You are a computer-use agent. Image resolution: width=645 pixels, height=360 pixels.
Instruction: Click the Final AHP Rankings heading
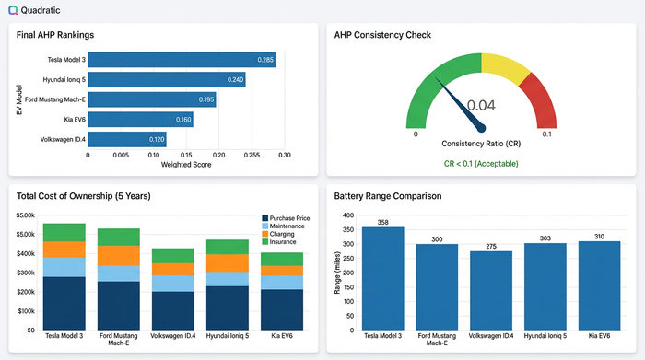[55, 35]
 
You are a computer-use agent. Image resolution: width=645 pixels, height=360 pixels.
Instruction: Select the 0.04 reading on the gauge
[481, 106]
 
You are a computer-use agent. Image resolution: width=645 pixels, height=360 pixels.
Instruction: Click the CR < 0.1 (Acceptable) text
[481, 163]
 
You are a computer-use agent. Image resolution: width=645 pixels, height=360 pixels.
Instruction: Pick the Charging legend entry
[285, 234]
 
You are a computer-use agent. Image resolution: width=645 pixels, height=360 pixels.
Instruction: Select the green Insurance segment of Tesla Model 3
[64, 232]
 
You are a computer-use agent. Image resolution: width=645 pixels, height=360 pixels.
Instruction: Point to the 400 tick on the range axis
[347, 215]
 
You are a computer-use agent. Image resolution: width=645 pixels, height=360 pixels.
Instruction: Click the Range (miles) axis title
[336, 273]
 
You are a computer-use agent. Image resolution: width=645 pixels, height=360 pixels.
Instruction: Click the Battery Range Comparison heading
[390, 196]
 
